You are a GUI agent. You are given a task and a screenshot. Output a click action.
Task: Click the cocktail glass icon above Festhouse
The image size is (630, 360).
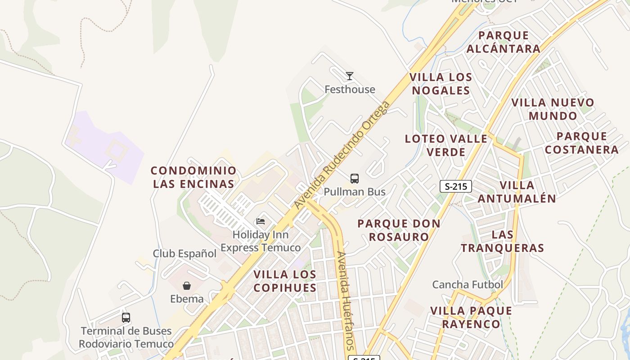(350, 76)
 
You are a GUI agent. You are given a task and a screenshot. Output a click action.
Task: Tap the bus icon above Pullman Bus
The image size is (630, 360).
(355, 179)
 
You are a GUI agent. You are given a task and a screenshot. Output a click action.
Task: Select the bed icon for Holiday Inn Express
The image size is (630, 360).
(261, 221)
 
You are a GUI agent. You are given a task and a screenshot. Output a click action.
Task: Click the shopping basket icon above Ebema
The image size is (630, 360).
(187, 286)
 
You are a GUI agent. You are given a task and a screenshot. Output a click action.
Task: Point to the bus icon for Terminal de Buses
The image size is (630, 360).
(126, 318)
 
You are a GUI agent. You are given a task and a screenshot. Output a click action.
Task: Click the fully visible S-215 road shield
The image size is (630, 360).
(455, 186)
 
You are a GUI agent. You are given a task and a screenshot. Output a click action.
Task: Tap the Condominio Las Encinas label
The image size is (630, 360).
(193, 177)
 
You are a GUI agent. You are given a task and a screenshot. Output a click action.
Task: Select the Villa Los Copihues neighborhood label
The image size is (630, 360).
(285, 281)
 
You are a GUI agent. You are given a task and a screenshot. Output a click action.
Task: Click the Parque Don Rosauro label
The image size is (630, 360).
(399, 230)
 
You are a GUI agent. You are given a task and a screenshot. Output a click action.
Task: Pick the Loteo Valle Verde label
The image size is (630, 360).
(446, 145)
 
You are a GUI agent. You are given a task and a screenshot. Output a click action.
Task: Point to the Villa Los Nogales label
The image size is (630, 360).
(441, 84)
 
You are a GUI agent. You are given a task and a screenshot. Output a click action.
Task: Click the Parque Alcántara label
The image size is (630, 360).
(503, 42)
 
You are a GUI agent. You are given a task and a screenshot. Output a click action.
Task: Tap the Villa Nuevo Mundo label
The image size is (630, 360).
(553, 109)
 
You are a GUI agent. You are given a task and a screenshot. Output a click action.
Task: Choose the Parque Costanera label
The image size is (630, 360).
(581, 143)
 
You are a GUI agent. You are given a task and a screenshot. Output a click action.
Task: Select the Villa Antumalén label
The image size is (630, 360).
(517, 192)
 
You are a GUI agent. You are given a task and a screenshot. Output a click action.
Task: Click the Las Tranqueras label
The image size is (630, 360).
(503, 241)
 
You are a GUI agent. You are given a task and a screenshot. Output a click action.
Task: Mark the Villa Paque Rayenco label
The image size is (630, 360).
(471, 317)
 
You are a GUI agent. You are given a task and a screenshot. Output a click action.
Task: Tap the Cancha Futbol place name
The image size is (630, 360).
(468, 284)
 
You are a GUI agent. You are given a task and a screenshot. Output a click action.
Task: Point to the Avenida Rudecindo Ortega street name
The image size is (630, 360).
(342, 155)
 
